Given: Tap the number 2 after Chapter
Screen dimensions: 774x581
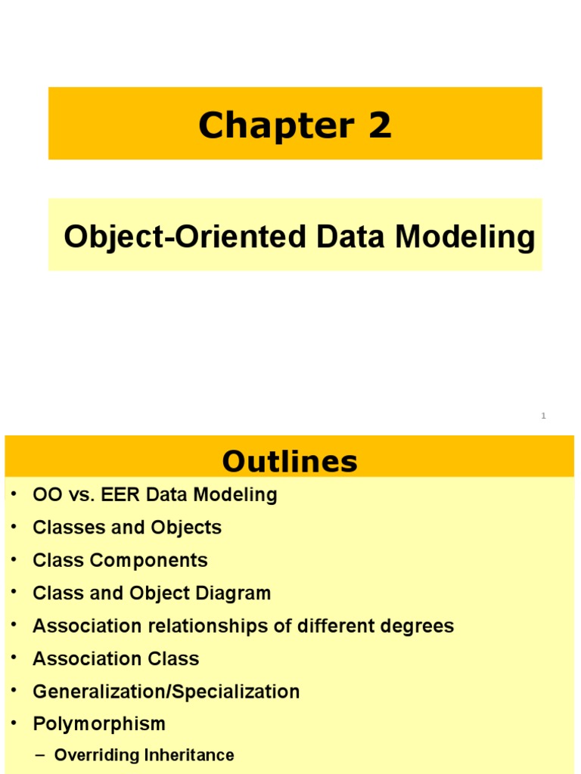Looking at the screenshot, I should point(380,125).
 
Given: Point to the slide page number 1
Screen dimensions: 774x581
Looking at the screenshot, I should point(543,416).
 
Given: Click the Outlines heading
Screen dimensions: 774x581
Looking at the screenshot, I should point(290,461).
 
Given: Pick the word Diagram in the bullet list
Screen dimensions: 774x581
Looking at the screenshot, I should point(234,593).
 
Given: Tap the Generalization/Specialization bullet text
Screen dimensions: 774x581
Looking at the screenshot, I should point(166,691).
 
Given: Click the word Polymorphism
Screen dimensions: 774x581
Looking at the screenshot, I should point(99,723).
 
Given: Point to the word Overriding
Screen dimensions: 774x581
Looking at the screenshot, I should point(92,755).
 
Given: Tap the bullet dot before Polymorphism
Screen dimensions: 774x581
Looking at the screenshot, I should point(14,723).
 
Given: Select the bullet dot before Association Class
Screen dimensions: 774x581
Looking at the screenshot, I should point(14,658).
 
